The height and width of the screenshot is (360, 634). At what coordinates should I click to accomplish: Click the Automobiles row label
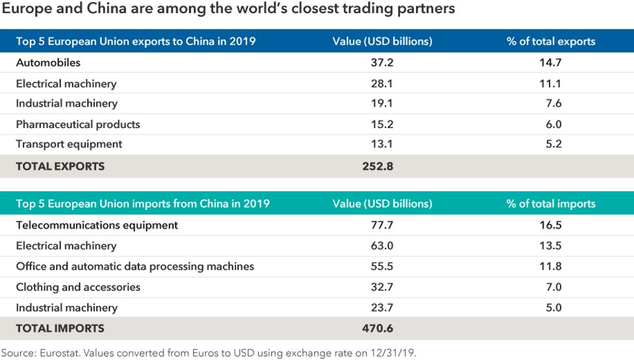tap(48, 63)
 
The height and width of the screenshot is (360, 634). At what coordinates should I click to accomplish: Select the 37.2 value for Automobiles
tap(382, 63)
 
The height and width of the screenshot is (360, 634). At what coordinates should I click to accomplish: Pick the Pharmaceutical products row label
tap(78, 124)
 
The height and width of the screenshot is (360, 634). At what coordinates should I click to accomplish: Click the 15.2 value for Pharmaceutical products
tap(382, 124)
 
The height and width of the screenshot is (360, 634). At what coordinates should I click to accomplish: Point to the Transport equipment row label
tap(69, 144)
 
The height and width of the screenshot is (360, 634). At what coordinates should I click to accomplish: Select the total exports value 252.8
tap(378, 166)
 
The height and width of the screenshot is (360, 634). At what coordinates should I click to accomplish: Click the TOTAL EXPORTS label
tap(60, 166)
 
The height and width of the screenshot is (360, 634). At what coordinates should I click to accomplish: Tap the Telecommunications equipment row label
tap(97, 225)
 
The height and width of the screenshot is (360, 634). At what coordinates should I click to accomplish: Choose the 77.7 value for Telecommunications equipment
tap(382, 225)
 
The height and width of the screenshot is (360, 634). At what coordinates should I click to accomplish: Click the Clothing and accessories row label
tap(78, 287)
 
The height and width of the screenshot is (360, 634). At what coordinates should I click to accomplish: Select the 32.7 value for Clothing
tap(382, 287)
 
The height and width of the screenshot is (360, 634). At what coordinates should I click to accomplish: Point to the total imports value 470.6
tap(378, 329)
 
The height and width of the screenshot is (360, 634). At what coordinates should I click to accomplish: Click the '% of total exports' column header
tap(551, 42)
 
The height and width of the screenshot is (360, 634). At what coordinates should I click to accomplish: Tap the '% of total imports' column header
tap(551, 204)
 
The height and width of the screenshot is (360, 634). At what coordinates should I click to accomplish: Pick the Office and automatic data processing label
tap(135, 266)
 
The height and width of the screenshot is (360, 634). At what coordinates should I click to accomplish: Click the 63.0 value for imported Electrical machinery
tap(382, 246)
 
